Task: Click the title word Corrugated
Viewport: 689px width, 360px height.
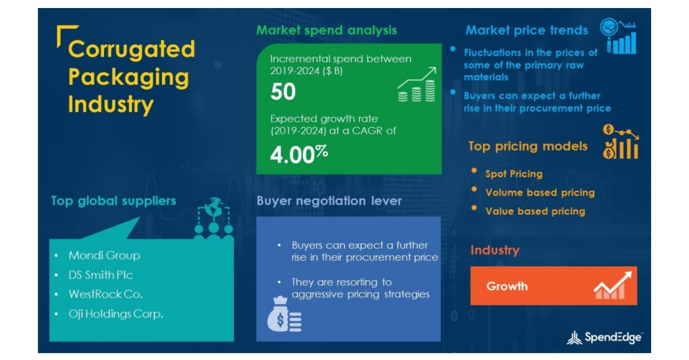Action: point(131,50)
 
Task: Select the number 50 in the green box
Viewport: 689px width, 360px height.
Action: point(283,92)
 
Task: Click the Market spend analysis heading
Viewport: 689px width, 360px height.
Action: point(326,30)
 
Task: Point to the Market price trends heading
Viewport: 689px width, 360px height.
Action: point(527,30)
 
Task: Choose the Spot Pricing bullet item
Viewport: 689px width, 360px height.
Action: point(513,174)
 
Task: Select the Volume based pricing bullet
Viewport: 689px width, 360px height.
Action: point(540,193)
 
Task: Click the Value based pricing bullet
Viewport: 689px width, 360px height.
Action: point(535,211)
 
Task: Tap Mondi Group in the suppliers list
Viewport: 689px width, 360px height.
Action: point(104,255)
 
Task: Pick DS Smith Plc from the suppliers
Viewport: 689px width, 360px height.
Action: point(100,275)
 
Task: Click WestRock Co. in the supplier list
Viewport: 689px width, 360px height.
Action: point(106,295)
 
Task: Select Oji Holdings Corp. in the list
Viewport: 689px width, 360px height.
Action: point(116,314)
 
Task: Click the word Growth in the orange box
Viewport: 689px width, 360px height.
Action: point(507,286)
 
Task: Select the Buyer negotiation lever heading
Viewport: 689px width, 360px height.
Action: point(329,201)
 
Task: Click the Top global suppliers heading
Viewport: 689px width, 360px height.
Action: point(113,201)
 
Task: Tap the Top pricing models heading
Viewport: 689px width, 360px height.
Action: point(528,146)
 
